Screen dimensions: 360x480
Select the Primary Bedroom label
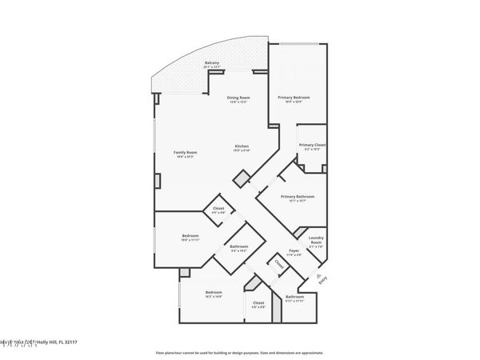coord(294,98)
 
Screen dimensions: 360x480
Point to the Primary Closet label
coord(311,145)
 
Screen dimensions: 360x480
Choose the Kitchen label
coord(242,146)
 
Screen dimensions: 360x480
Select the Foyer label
coord(294,252)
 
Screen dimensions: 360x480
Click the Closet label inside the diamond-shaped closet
coord(218,208)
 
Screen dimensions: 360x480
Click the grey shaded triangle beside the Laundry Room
coord(299,233)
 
